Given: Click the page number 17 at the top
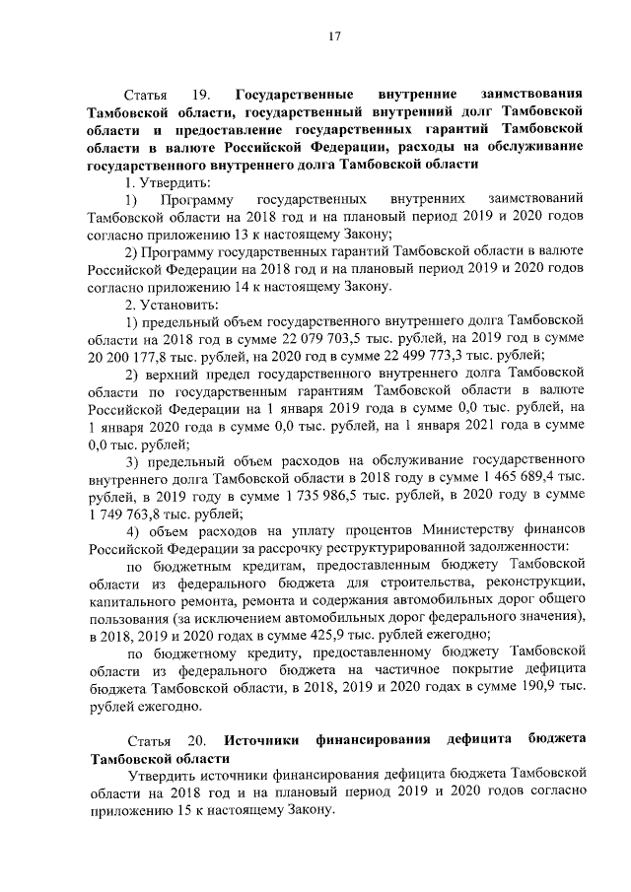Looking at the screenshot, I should tap(334, 37).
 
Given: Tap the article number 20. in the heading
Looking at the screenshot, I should tap(189, 739).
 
